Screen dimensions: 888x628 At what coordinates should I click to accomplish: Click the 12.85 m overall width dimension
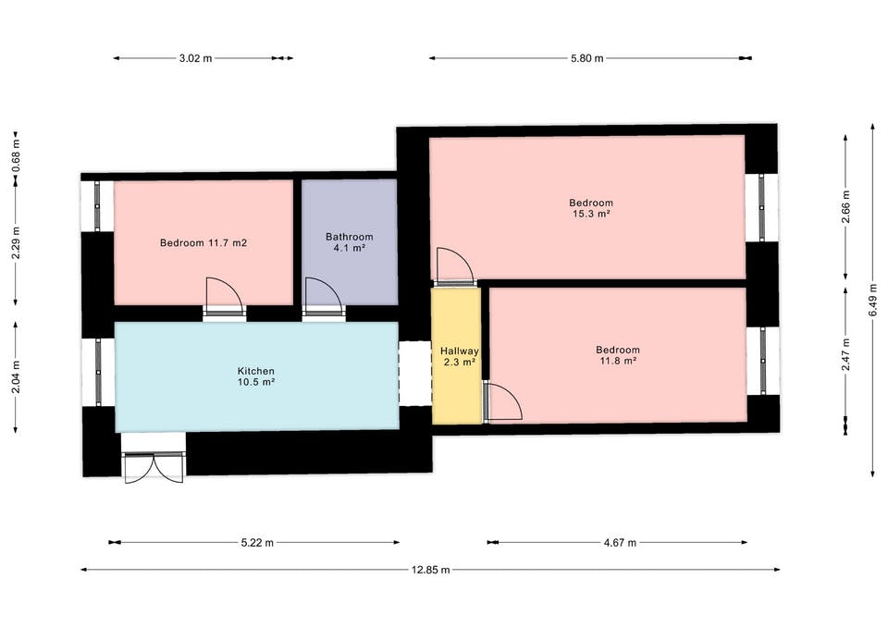(430, 570)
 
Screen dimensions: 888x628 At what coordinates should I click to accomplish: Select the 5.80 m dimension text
(587, 57)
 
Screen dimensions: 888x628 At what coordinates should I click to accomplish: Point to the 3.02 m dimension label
(195, 57)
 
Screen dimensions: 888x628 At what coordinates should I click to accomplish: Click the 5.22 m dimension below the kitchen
(257, 543)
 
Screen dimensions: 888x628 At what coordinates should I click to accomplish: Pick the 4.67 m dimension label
(620, 543)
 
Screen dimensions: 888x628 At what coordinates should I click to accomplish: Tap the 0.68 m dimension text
(16, 161)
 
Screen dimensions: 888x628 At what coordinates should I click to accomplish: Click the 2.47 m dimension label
(846, 354)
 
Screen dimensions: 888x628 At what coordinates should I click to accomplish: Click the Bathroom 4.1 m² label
(350, 242)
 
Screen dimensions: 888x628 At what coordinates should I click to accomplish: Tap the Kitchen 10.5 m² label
(256, 376)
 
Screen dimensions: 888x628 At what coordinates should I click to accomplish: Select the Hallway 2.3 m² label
(460, 357)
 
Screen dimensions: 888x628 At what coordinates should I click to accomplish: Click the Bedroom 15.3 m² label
(591, 208)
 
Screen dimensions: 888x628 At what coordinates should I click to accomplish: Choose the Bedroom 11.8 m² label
(618, 356)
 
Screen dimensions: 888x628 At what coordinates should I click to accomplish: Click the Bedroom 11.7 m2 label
(203, 243)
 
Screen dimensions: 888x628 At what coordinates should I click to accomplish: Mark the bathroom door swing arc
(332, 286)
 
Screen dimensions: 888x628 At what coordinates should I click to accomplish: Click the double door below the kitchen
(154, 467)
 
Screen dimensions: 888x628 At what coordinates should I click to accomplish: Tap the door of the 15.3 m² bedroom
(455, 265)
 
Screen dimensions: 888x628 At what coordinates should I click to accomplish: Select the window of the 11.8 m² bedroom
(763, 361)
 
